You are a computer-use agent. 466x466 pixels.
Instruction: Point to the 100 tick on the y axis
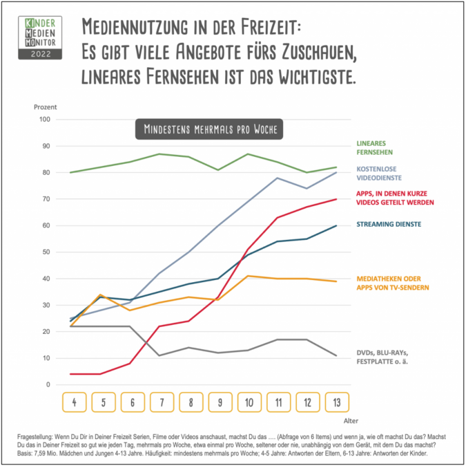point(46,120)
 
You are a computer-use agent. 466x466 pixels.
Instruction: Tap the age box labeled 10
point(248,402)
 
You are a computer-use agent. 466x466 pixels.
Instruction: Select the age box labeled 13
point(336,402)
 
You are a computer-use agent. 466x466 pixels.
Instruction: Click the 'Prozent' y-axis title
point(45,107)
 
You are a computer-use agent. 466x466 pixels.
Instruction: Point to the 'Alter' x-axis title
point(351,420)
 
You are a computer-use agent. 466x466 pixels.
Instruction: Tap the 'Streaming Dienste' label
point(389,224)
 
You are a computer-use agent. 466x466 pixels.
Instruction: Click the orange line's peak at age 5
point(101,295)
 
